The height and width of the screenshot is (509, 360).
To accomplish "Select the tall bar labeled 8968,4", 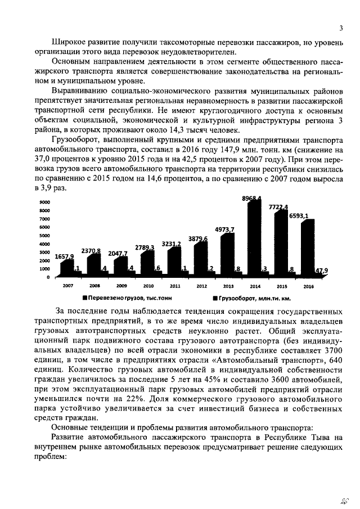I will click(x=254, y=239).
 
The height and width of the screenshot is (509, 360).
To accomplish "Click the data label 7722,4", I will click(x=278, y=208).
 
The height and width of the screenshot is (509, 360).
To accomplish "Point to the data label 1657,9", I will click(x=64, y=256).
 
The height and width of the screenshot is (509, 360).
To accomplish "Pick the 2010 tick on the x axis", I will click(x=148, y=286).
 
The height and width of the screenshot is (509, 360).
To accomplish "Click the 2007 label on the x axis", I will click(x=67, y=286).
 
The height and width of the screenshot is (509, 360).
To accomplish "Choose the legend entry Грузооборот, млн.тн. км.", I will click(x=255, y=299).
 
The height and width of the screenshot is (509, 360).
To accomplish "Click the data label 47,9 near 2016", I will click(x=322, y=271).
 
